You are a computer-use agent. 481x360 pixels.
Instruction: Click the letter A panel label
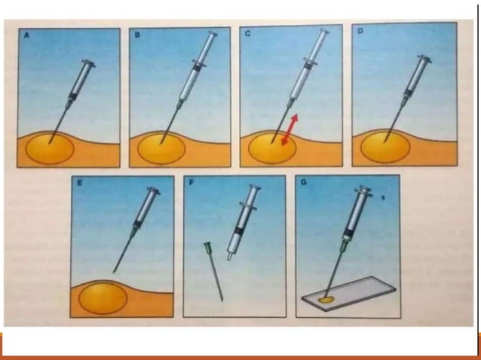pos(27,35)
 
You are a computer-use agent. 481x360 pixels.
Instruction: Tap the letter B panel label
pos(137,35)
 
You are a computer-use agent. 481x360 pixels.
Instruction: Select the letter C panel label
pos(247,33)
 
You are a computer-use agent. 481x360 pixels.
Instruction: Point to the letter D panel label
pos(360,31)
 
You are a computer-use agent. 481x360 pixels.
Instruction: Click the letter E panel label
pos(80,183)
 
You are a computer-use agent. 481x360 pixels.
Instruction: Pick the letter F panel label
pos(191,182)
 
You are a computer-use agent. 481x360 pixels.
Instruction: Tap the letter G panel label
pos(304,182)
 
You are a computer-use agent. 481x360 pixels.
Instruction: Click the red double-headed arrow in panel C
pos(290,130)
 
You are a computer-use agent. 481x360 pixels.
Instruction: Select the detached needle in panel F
pos(213,271)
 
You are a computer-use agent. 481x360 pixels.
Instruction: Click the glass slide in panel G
pos(349,293)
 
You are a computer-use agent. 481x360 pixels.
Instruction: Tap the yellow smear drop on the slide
pos(326,299)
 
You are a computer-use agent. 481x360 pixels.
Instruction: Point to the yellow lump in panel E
pos(103,298)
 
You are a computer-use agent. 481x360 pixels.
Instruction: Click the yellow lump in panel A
pos(50,149)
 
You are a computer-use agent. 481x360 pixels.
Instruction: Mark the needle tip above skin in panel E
pos(114,271)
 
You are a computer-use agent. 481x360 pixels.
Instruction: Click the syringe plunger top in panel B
pos(213,33)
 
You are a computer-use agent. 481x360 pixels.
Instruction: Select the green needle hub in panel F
pos(207,246)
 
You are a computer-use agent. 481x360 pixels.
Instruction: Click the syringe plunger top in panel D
pos(426,58)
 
